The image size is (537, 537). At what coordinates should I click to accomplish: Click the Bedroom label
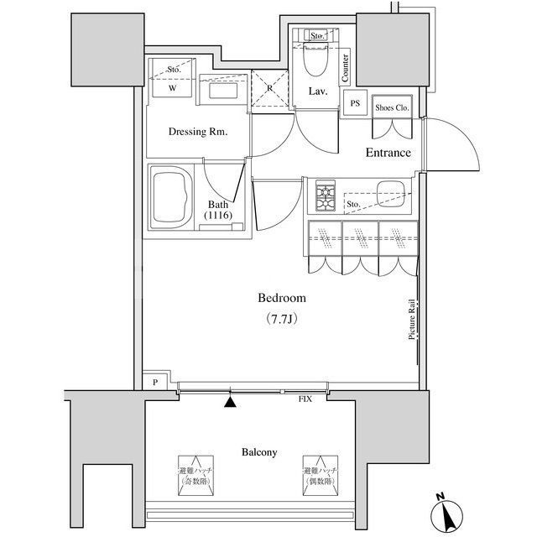[281, 298]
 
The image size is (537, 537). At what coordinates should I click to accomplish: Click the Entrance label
[387, 153]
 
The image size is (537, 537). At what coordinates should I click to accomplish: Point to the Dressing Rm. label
[197, 132]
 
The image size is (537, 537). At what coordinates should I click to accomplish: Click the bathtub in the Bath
[173, 197]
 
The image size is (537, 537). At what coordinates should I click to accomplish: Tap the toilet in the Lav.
[318, 64]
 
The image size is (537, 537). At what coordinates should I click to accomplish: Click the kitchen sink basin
[393, 191]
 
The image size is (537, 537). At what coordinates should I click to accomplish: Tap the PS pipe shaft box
[355, 103]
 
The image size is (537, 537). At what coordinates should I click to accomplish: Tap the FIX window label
[305, 399]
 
